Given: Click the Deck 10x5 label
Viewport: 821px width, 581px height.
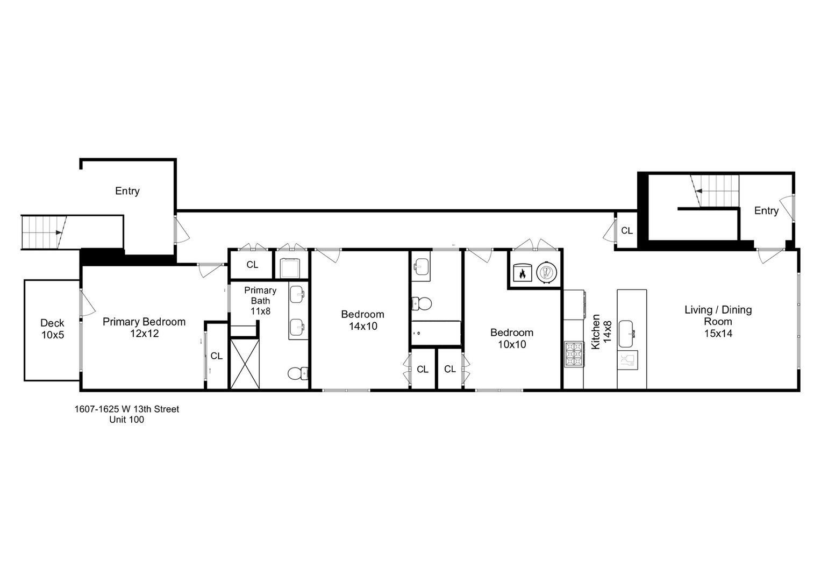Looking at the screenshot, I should [52, 329].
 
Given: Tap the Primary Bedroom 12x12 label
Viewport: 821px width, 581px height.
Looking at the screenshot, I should [144, 328].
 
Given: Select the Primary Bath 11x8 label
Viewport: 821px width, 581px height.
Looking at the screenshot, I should [260, 301].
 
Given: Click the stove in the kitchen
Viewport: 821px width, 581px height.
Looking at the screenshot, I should [574, 354].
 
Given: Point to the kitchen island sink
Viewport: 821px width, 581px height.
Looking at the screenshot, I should [626, 334].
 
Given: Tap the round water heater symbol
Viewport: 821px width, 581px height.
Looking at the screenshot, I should [546, 272].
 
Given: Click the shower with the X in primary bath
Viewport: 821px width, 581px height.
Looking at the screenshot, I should [245, 363].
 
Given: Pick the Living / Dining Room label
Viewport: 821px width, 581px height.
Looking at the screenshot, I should [718, 321].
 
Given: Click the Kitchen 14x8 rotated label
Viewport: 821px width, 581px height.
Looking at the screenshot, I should [602, 332].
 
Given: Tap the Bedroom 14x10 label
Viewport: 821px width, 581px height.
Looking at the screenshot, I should [363, 320].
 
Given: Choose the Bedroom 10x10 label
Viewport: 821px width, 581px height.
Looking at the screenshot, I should [512, 338].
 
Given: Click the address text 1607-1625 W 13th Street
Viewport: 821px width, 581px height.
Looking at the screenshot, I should [127, 409].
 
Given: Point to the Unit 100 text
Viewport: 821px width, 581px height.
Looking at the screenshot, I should [127, 420].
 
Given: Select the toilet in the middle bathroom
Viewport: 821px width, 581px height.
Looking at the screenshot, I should [423, 304].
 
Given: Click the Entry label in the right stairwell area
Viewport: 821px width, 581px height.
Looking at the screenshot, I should [766, 210].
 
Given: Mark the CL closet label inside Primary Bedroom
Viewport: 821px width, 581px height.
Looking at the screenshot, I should [217, 356].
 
